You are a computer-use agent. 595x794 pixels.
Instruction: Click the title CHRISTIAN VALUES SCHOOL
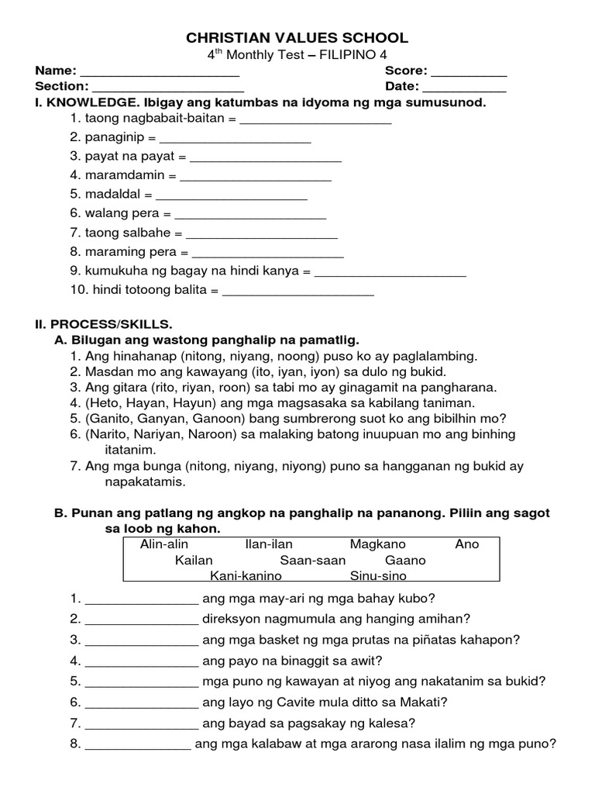click(x=298, y=38)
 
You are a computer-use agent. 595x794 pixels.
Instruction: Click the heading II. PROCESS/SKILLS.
click(x=104, y=323)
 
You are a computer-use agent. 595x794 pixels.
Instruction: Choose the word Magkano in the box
click(x=377, y=544)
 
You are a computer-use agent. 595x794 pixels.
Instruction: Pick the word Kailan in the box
click(x=194, y=560)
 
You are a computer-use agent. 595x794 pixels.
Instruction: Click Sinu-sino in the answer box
click(x=378, y=576)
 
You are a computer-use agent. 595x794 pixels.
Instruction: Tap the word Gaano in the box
click(x=405, y=560)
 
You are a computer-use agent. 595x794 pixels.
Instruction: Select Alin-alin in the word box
click(x=164, y=544)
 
